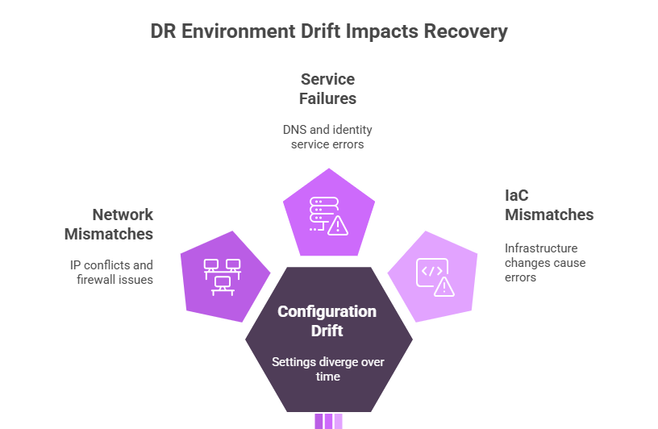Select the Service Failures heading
tap(328, 89)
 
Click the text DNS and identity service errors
tap(327, 136)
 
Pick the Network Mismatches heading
tap(110, 224)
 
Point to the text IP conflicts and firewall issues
tap(111, 272)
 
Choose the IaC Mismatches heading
tap(548, 205)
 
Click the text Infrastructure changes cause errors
tap(545, 263)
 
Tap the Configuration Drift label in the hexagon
tap(327, 320)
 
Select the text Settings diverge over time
tap(327, 369)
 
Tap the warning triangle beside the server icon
tap(339, 225)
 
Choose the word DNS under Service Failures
tap(295, 129)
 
